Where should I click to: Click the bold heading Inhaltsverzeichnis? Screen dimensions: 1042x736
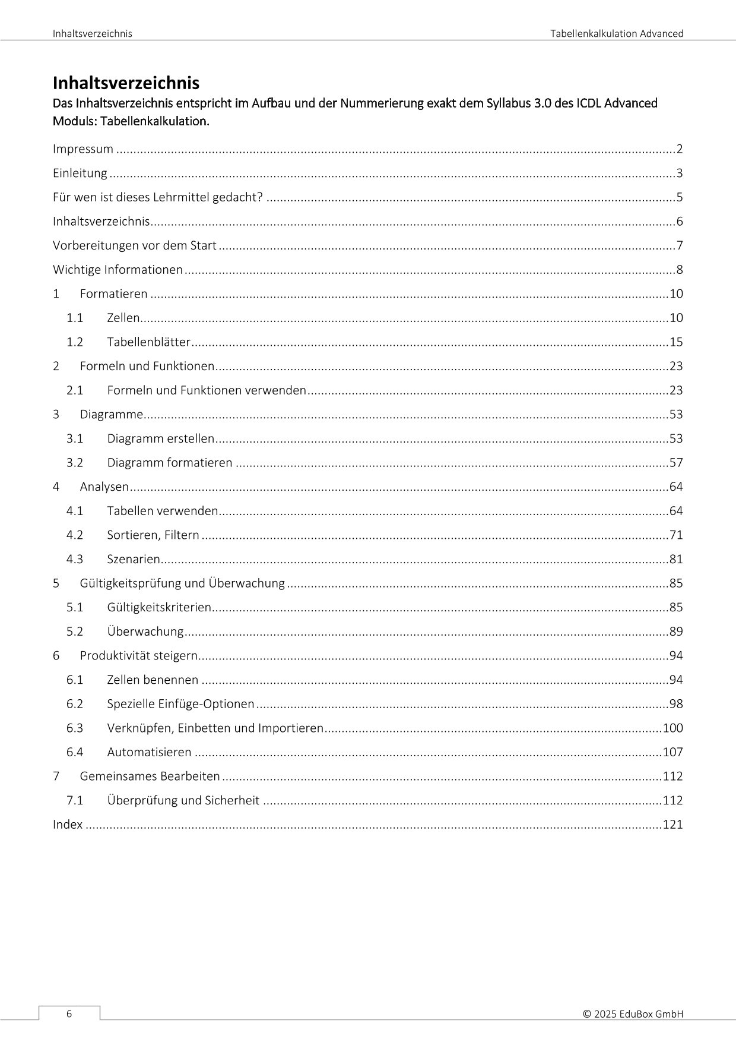click(126, 83)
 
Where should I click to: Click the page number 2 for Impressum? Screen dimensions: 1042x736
click(680, 149)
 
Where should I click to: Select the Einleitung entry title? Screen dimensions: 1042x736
click(80, 173)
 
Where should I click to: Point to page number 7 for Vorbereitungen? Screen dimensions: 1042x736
click(680, 246)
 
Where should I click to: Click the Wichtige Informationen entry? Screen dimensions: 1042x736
click(118, 270)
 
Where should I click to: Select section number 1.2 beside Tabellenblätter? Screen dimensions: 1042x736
click(75, 342)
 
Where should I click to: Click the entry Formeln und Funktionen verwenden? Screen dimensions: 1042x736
click(207, 390)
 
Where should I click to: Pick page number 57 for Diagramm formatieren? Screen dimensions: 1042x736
click(676, 463)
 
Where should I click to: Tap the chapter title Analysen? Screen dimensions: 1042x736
click(104, 487)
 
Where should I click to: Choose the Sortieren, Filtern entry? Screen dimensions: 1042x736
click(153, 535)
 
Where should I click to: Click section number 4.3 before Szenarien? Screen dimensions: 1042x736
click(75, 559)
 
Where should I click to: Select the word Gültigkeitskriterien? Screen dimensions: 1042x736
click(159, 607)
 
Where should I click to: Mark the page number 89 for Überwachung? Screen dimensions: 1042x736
click(676, 631)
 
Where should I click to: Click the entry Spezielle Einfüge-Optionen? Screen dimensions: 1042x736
click(180, 704)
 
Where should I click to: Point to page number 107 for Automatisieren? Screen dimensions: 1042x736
click(672, 752)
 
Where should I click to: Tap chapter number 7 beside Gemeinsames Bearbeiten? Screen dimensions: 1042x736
click(56, 776)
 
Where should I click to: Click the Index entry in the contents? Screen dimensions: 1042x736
click(68, 825)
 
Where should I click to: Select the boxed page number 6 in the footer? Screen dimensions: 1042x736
click(69, 1014)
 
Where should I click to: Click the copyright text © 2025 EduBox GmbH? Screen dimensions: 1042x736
click(633, 1014)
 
